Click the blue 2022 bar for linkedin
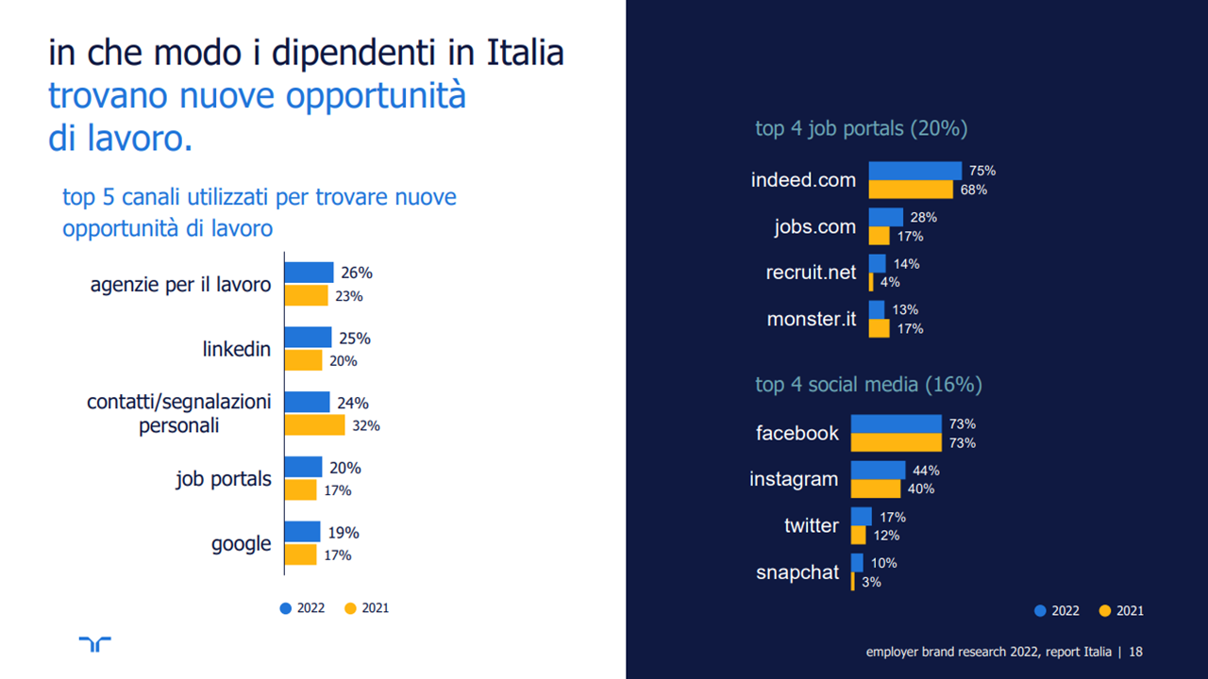[309, 338]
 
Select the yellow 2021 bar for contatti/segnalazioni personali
[315, 425]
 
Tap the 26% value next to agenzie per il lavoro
[357, 273]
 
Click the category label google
[241, 544]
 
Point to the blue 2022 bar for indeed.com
[914, 171]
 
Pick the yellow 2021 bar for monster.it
[879, 328]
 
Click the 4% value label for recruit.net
[890, 282]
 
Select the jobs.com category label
[814, 226]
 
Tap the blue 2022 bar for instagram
[878, 470]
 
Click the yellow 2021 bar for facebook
[896, 442]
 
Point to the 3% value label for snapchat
[872, 582]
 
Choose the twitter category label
[811, 525]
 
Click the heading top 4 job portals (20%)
[861, 129]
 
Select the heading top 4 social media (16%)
[868, 385]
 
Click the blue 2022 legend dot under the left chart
[286, 608]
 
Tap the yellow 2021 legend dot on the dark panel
[1105, 610]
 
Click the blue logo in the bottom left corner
[95, 643]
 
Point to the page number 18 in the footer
[1136, 652]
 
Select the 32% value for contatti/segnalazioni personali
[366, 426]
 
